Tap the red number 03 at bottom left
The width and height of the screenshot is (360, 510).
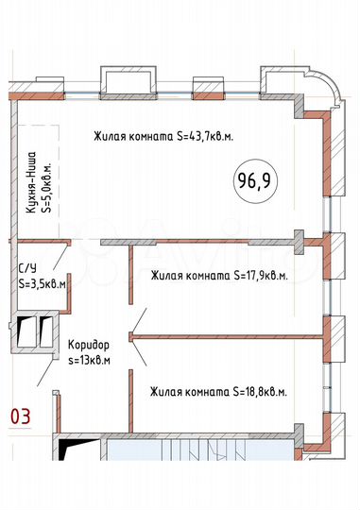click(20, 414)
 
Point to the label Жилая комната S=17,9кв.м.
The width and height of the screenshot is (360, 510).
click(219, 277)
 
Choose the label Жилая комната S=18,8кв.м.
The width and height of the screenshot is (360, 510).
click(219, 390)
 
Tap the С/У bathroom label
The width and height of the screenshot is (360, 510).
click(27, 267)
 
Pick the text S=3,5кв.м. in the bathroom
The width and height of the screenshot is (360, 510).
click(43, 282)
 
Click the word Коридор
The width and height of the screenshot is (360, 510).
click(90, 346)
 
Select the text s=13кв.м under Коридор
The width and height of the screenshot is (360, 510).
click(90, 360)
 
